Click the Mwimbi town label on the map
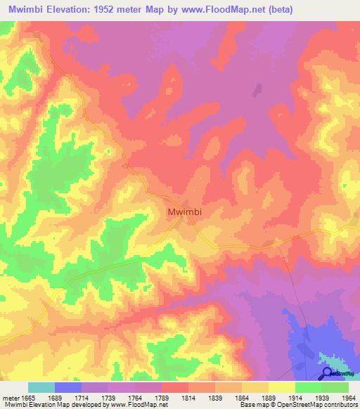coord(185,210)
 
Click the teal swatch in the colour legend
coord(41,387)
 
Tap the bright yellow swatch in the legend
coord(281,387)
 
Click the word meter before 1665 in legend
coord(10,398)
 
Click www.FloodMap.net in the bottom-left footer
coord(132,405)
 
